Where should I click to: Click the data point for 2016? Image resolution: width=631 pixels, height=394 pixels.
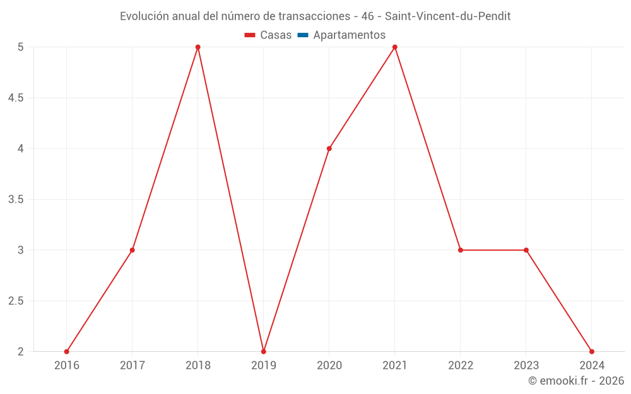pos(66,352)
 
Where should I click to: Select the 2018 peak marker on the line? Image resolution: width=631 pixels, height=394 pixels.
pos(198,47)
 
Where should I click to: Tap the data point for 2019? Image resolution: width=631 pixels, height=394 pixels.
pos(263,352)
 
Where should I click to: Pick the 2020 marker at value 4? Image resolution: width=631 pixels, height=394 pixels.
pos(329,149)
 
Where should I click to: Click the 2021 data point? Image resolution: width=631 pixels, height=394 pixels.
pos(394,47)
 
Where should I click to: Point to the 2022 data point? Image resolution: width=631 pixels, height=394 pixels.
pos(460,250)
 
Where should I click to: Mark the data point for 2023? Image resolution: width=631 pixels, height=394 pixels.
pos(526,250)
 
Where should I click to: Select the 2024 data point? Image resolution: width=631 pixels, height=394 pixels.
pos(591,352)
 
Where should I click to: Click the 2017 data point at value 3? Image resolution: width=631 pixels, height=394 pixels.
pos(132,250)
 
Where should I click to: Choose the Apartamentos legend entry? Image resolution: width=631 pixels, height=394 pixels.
pos(349,35)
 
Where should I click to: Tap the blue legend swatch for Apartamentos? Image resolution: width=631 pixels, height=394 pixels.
pos(302,35)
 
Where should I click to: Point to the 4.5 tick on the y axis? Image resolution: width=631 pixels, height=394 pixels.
pos(16,98)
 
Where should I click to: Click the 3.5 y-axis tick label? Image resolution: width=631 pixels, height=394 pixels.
pos(16,199)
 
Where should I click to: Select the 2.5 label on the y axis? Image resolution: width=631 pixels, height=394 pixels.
pos(16,301)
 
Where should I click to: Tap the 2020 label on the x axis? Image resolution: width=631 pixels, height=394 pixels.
pos(329,366)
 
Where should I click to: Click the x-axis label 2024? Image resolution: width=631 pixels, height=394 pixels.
pos(591,366)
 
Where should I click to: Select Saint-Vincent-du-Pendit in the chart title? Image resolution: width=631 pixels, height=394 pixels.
pos(447,16)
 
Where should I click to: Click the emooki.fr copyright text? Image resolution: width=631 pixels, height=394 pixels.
pos(576,381)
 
